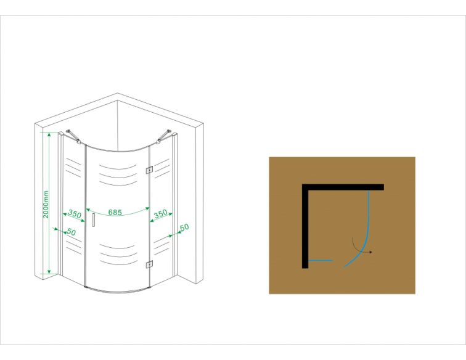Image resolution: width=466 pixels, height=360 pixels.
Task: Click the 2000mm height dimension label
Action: click(46, 204)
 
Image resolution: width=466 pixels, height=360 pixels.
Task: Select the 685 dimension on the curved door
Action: click(115, 212)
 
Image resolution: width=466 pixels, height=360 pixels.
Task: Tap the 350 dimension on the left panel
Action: click(75, 214)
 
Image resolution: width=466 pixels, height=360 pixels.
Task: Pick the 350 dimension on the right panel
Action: click(161, 214)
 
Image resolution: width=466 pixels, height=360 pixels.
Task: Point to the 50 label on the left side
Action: click(71, 232)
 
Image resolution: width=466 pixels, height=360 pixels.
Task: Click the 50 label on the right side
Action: click(184, 227)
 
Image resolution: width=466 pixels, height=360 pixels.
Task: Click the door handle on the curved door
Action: click(93, 220)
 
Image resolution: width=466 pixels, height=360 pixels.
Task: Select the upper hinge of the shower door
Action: click(149, 170)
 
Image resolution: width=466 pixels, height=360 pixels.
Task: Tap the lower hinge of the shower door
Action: click(149, 264)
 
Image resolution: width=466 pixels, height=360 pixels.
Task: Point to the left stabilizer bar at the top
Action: click(73, 136)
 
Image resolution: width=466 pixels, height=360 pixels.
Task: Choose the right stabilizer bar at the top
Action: click(164, 136)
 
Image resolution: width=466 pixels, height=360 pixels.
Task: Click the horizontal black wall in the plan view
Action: click(343, 187)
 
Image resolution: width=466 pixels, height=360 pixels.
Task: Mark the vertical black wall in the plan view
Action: click(305, 226)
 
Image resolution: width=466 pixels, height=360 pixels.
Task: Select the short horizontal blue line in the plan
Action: click(321, 260)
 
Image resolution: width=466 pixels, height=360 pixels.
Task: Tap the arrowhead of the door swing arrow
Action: click(370, 252)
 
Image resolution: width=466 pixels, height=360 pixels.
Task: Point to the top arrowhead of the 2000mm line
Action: click(49, 134)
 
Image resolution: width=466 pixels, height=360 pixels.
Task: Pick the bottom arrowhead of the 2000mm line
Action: click(49, 271)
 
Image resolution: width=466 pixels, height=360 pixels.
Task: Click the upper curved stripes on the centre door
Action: click(118, 175)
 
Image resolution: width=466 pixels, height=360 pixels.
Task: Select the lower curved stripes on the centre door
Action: click(118, 255)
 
